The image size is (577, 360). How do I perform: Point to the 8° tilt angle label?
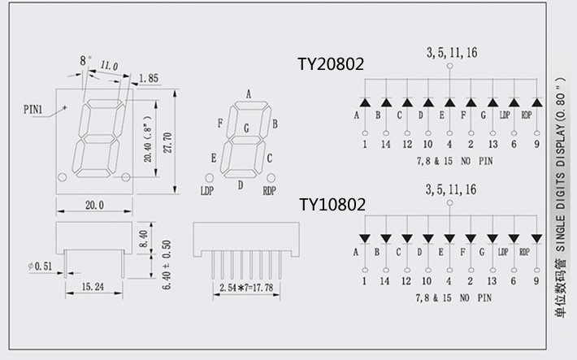tap(83, 60)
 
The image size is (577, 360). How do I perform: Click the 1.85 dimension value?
tap(149, 78)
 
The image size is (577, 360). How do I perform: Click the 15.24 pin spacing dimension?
tap(93, 287)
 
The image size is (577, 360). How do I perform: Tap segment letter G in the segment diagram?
tap(247, 128)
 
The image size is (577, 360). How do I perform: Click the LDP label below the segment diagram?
tap(207, 192)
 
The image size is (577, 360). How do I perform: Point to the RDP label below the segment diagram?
tap(270, 192)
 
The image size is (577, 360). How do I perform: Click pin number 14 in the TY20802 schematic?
tap(384, 144)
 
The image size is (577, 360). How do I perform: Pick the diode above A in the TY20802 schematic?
tap(364, 102)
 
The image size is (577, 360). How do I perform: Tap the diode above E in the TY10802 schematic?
tap(449, 239)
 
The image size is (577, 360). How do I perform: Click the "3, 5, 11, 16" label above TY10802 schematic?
tap(450, 189)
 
